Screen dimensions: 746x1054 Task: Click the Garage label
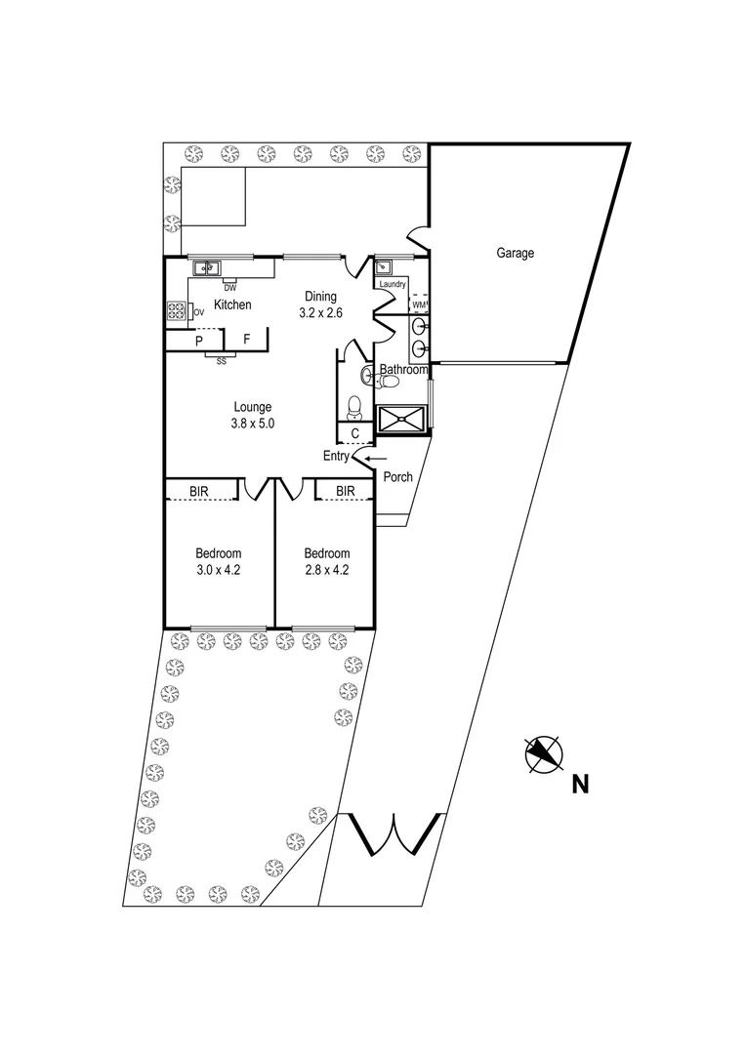click(516, 254)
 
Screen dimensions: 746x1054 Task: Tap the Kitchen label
click(232, 305)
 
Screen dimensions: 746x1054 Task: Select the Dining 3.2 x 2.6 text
click(320, 305)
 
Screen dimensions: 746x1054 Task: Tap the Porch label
click(397, 477)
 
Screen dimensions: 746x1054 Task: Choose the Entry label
click(337, 456)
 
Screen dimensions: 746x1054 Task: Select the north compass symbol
click(544, 753)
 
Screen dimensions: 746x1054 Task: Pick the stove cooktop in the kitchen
click(178, 311)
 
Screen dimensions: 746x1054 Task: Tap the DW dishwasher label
click(230, 288)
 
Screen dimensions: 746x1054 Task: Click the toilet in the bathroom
click(356, 402)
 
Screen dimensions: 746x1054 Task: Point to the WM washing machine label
click(419, 305)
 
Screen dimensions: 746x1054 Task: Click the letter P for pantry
click(198, 341)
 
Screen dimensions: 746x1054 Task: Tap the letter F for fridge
click(247, 340)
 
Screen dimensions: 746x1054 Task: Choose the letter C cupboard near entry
click(354, 433)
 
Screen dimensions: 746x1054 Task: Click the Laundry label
click(393, 284)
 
